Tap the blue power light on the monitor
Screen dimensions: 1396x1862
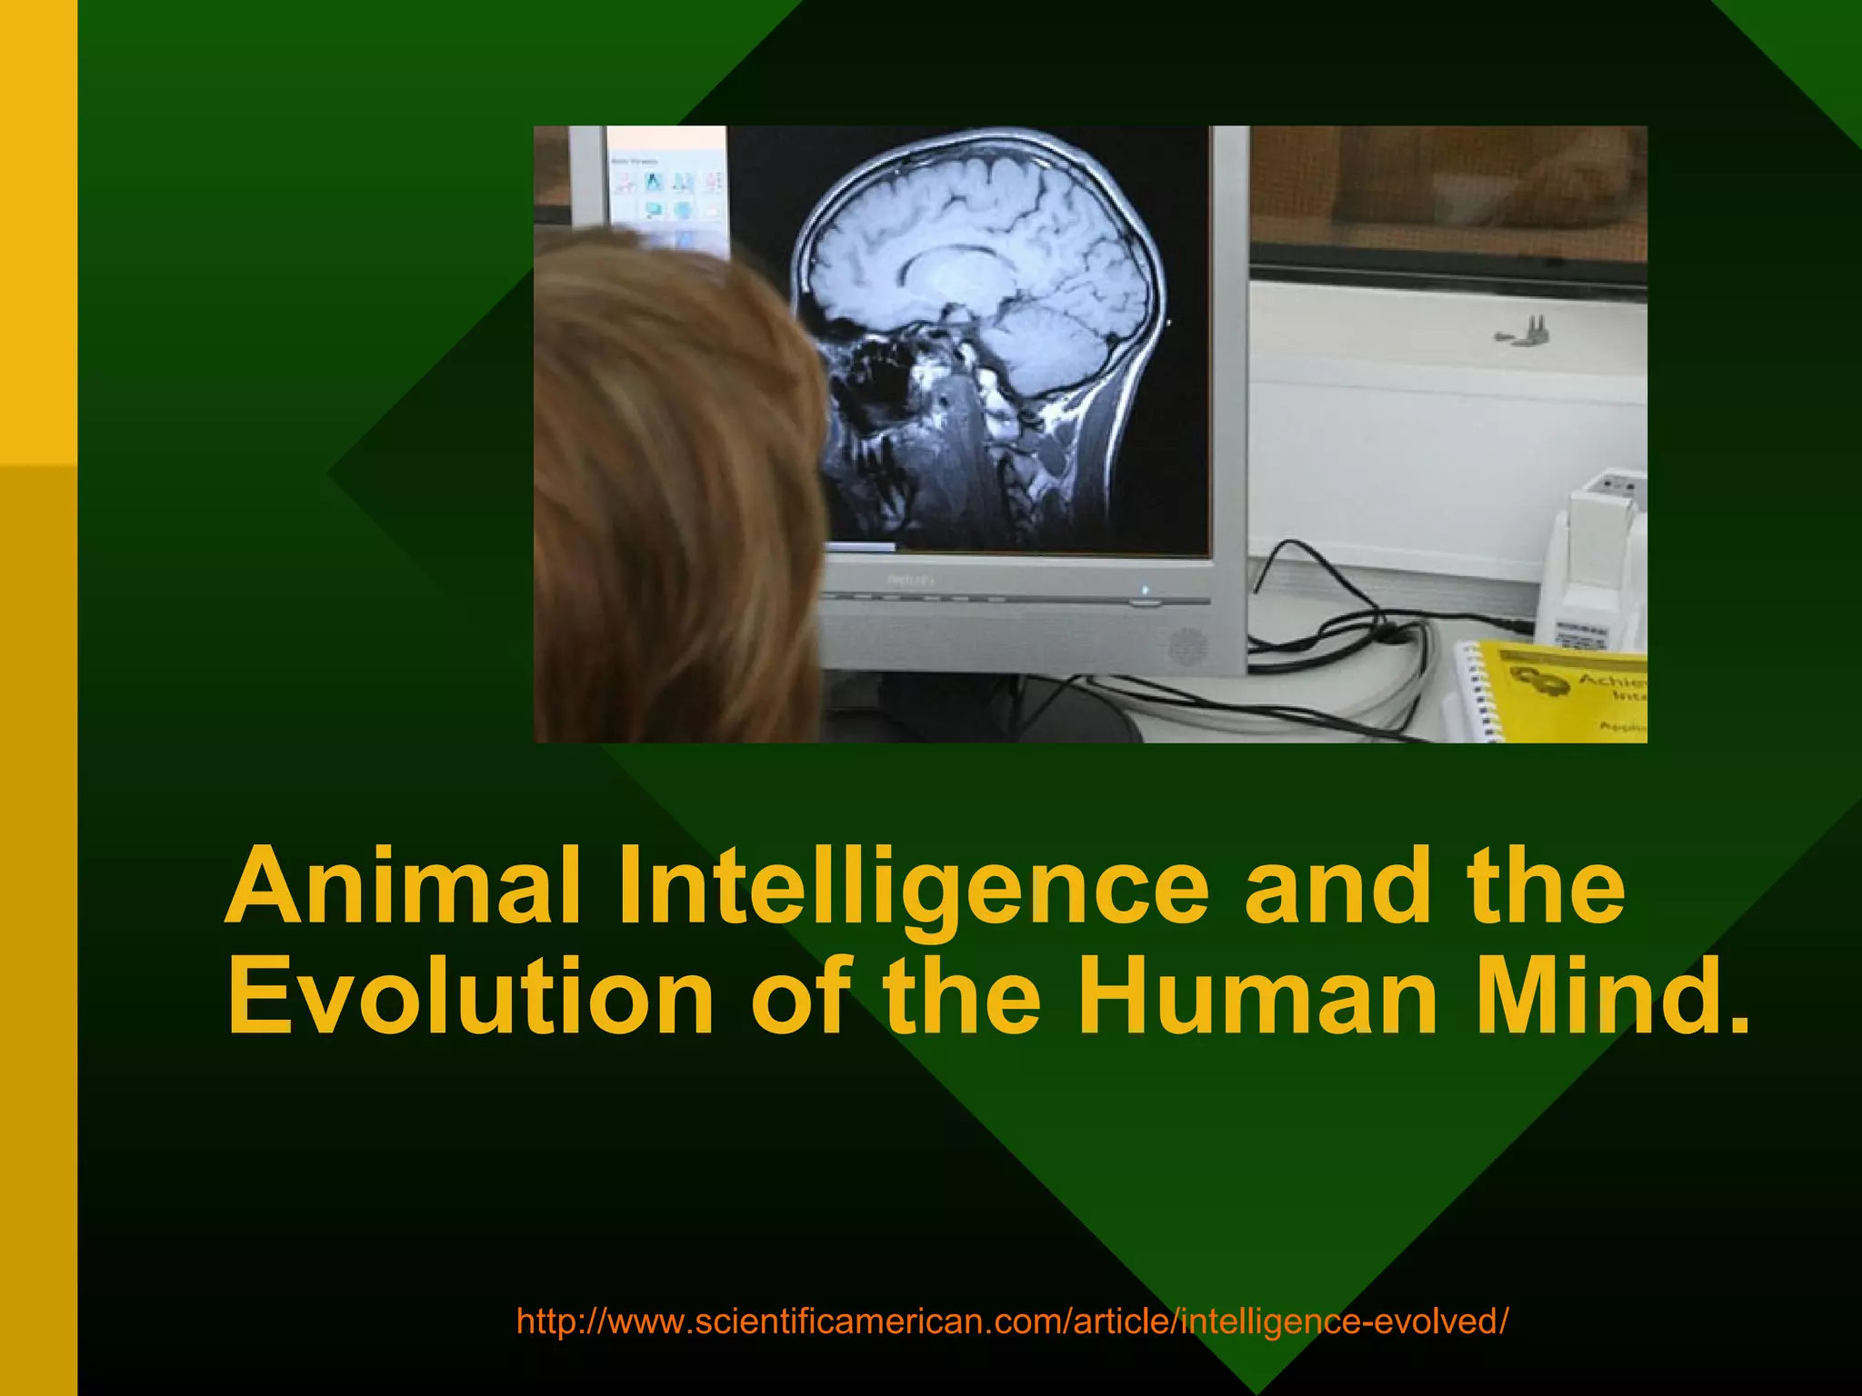1145,590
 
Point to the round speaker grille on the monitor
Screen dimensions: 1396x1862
1186,646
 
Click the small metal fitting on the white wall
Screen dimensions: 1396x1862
1527,331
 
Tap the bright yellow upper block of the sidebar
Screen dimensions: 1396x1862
38,227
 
